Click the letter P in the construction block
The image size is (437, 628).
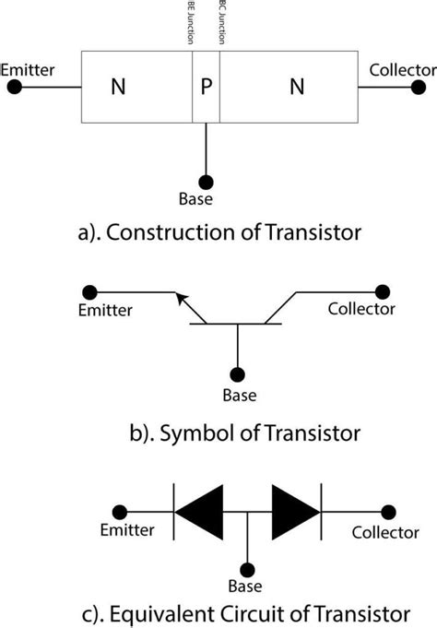point(207,88)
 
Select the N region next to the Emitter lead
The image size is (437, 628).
point(117,88)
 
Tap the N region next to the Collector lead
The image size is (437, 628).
point(297,88)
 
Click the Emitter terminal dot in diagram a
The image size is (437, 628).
point(14,88)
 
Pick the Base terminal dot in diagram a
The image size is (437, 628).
point(207,181)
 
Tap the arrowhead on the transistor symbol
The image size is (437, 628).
point(184,302)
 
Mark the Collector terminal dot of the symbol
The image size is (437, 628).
point(380,291)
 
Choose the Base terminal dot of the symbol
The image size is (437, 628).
point(238,376)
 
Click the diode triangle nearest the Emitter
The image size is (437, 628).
point(200,511)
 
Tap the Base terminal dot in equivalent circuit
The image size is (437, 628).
point(246,569)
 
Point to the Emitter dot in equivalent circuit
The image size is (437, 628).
point(119,511)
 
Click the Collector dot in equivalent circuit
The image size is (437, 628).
point(388,511)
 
